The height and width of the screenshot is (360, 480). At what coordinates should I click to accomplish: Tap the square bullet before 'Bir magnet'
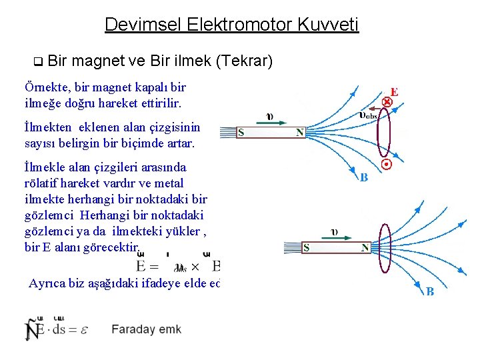[37, 63]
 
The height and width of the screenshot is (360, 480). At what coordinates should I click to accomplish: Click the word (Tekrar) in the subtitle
[244, 62]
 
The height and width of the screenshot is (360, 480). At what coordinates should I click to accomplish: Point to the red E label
[394, 92]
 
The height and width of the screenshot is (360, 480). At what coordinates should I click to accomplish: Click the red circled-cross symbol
[386, 103]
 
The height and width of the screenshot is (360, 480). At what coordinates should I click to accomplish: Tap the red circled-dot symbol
[385, 164]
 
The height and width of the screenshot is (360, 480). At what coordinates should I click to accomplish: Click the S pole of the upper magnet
[241, 133]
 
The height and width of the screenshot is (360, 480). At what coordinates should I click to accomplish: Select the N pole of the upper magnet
[300, 133]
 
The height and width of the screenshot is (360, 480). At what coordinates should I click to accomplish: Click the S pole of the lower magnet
[306, 247]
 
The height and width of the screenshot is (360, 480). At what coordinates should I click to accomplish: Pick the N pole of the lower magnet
[365, 247]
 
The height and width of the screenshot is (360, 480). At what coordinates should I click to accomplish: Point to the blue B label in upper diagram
[364, 177]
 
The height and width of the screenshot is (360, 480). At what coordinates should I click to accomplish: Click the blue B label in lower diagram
[430, 292]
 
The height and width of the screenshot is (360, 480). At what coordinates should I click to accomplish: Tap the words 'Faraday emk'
[146, 329]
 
